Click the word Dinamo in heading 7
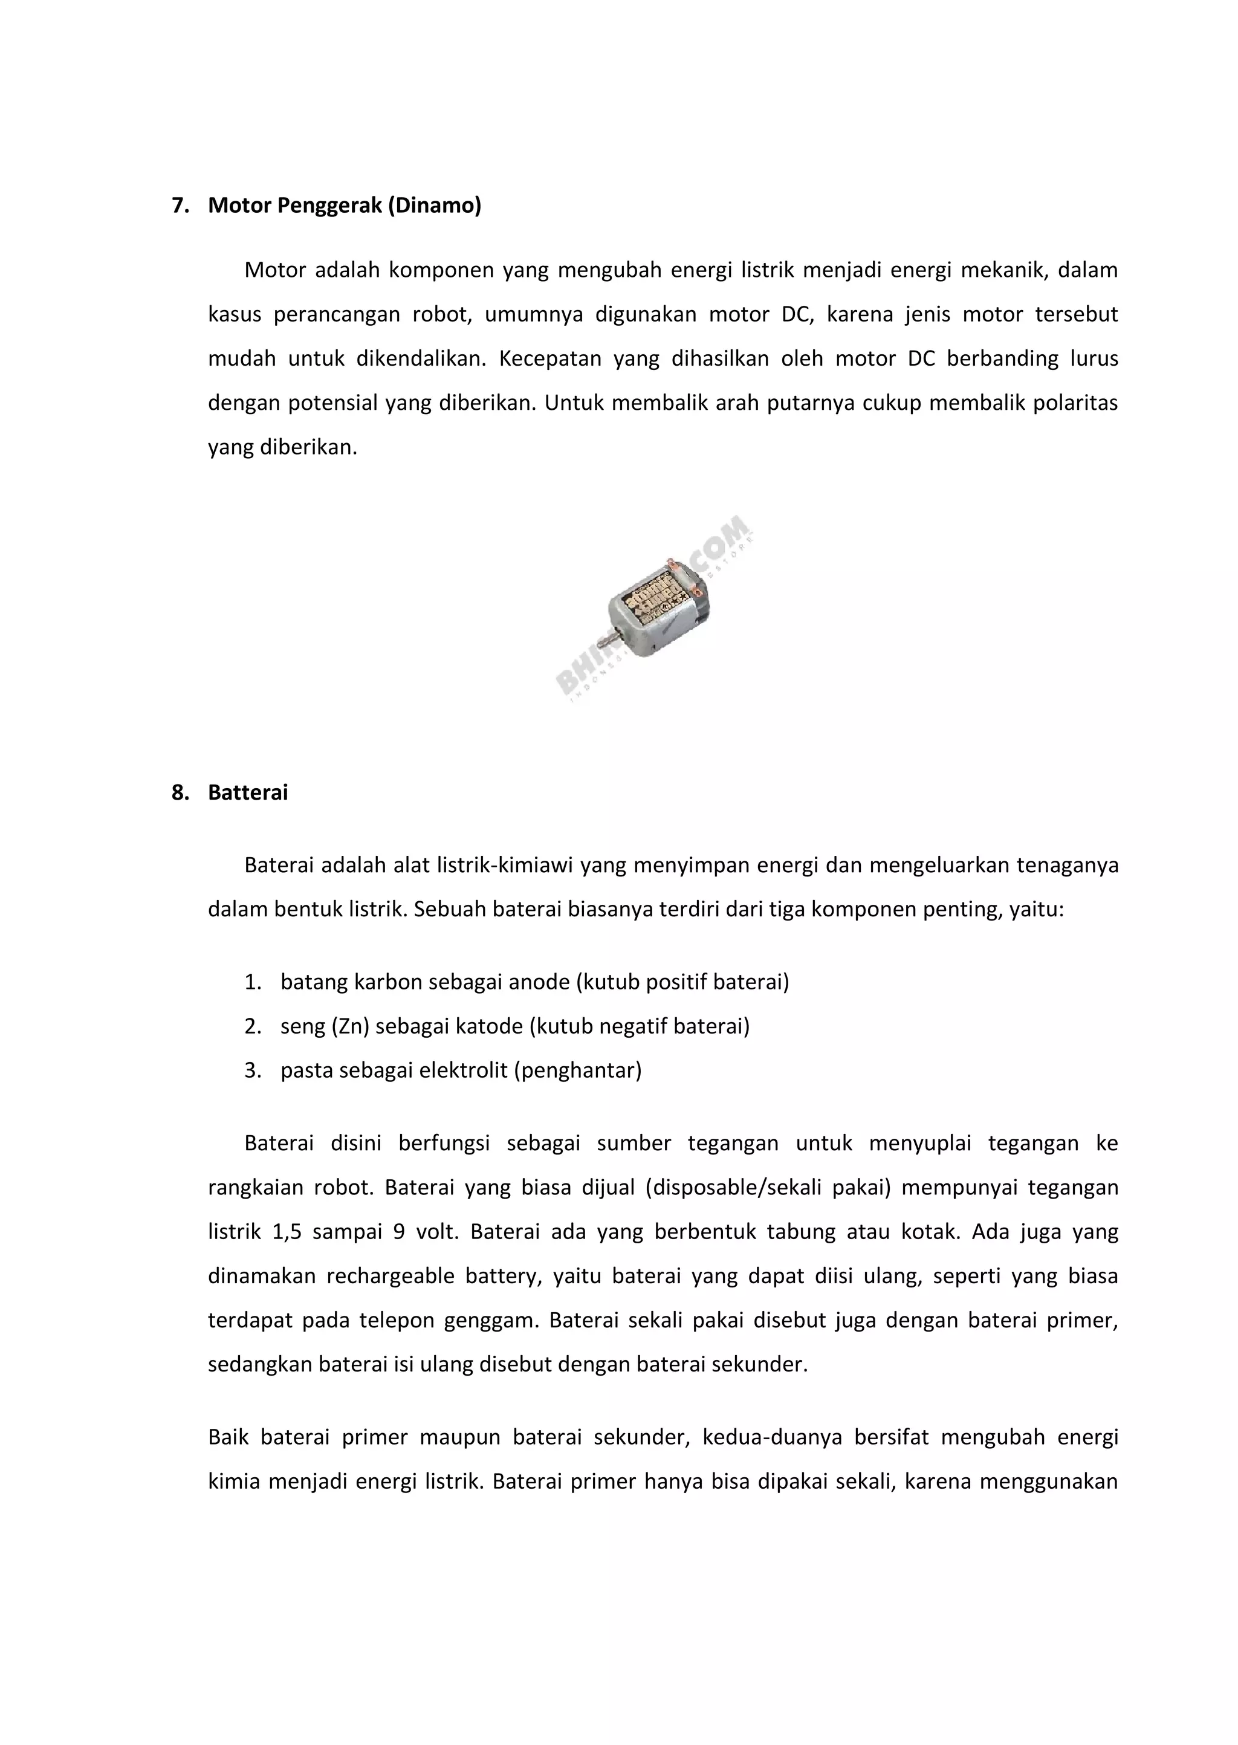[435, 206]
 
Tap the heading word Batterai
[248, 792]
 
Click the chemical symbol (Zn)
[350, 1026]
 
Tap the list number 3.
[252, 1070]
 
